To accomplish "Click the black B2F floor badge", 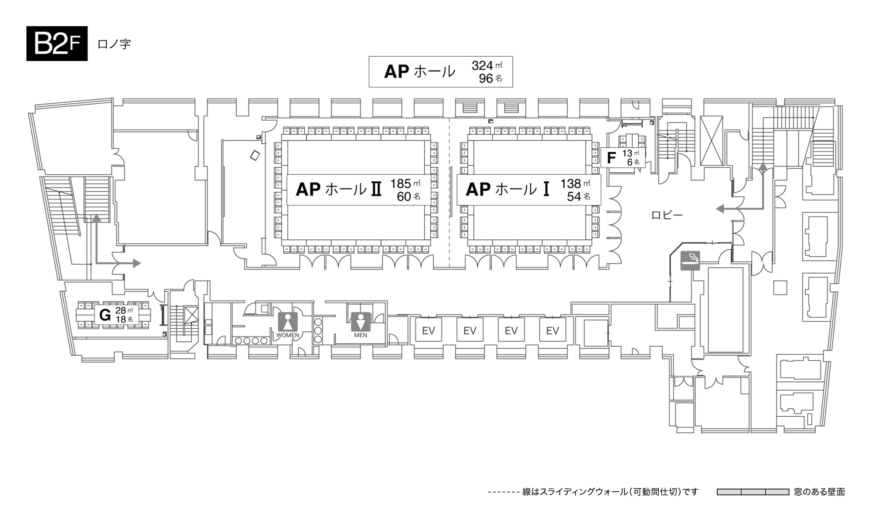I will (57, 44).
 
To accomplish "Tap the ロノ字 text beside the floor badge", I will (114, 44).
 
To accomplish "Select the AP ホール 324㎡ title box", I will (440, 71).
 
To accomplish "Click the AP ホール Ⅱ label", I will (339, 190).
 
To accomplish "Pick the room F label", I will (612, 158).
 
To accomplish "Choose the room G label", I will (105, 315).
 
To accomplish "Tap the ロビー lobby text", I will (667, 215).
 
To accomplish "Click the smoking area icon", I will (690, 261).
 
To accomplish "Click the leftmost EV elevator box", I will (428, 331).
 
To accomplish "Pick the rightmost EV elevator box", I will (552, 331).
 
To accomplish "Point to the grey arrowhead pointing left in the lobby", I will (720, 209).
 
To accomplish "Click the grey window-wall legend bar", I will (753, 492).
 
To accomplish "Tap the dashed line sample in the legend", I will (504, 492).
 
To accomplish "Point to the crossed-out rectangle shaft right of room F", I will (712, 140).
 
